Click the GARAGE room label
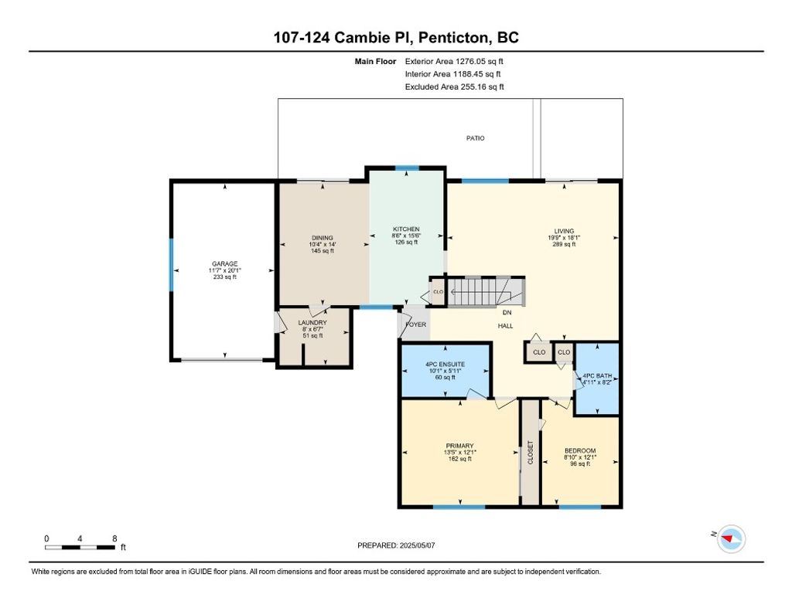(x=225, y=264)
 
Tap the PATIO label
(x=476, y=138)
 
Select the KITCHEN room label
(x=406, y=229)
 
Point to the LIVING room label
(x=564, y=231)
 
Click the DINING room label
(x=323, y=238)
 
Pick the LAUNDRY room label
(x=312, y=323)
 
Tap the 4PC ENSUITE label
(x=445, y=365)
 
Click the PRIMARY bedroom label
(x=459, y=446)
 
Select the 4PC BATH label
(x=597, y=376)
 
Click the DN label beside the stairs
(x=507, y=313)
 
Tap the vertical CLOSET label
(x=531, y=453)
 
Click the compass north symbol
(x=731, y=539)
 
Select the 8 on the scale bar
(x=114, y=539)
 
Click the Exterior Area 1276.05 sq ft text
(x=454, y=62)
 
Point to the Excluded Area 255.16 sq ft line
(x=455, y=87)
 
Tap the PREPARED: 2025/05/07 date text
(x=396, y=545)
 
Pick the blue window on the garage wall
(x=171, y=265)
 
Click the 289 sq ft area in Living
(x=564, y=244)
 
